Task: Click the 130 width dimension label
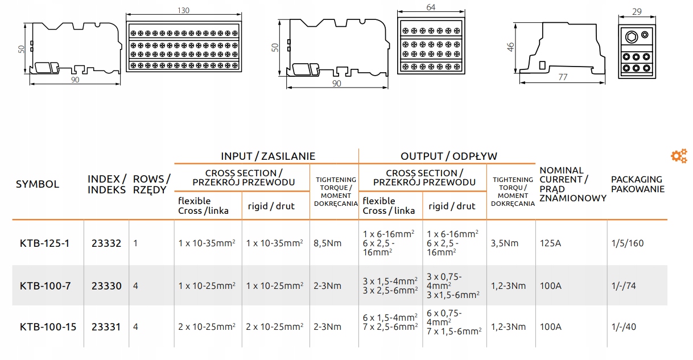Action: coord(183,10)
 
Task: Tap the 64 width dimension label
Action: coord(431,7)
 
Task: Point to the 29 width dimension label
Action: coord(637,12)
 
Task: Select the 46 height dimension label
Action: coord(510,47)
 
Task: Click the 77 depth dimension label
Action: coord(563,77)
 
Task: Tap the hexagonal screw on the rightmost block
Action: coord(631,37)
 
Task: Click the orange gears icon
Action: coord(679,156)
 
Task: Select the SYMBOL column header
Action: coord(38,184)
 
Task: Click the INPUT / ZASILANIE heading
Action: coord(268,156)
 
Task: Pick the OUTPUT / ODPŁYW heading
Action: coord(449,156)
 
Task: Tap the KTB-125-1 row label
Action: coord(44,243)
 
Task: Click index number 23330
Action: coord(106,285)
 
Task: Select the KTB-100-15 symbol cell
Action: coord(48,327)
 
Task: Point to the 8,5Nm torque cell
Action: coord(327,243)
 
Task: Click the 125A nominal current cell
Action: coord(550,243)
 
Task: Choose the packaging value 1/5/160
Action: coord(628,243)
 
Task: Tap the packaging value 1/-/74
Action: coord(624,285)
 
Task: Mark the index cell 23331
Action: coord(106,327)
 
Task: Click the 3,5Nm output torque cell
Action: coord(505,243)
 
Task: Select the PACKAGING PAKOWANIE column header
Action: coord(638,184)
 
